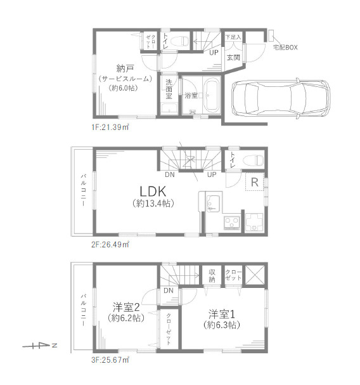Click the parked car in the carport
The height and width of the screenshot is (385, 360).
tap(281, 98)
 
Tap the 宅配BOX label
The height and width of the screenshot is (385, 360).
tap(285, 48)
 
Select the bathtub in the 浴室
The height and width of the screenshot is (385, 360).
tap(212, 95)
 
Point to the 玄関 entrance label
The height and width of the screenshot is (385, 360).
tap(233, 58)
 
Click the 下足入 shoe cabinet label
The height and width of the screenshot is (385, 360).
tap(233, 37)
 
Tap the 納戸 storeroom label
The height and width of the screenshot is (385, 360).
tap(125, 69)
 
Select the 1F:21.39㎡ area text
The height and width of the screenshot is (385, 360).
tap(110, 127)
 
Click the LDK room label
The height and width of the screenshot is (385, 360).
tap(153, 191)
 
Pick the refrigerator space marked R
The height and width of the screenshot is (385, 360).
tap(255, 182)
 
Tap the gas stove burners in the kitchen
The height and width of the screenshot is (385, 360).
tap(232, 223)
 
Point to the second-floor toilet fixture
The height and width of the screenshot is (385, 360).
tap(254, 160)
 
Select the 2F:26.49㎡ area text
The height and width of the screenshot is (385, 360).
tap(110, 245)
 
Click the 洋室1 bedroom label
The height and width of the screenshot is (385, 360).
tap(222, 314)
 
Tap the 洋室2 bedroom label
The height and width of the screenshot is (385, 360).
tap(126, 307)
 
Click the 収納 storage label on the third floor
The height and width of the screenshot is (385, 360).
tap(212, 276)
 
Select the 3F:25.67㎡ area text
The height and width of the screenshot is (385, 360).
tap(110, 360)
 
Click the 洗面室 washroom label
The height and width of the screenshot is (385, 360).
tap(169, 89)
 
